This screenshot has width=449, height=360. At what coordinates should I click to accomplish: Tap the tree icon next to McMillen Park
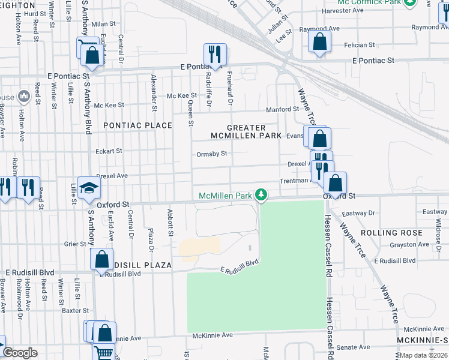pos(261,194)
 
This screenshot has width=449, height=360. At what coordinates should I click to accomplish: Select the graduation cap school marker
pos(88,188)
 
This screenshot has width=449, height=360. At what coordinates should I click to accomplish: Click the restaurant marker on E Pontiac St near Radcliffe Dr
pos(214,54)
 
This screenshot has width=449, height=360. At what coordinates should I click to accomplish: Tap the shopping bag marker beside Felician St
pos(319,42)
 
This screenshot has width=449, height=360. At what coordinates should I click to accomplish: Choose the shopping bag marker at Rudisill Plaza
pos(102,260)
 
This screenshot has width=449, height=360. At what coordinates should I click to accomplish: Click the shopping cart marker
pos(103,355)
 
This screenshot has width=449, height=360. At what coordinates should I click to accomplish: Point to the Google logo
pos(19,353)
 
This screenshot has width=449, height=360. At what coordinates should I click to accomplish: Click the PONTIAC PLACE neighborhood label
pos(137,125)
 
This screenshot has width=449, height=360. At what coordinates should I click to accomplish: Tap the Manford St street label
pos(283,109)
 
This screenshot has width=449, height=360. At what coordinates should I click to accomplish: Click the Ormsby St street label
pos(212,154)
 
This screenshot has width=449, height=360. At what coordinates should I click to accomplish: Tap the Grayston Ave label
pos(409,245)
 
